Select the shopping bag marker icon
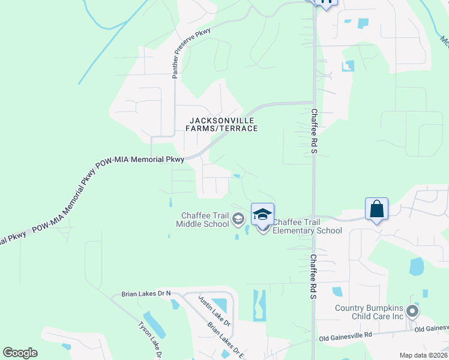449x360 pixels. pos(376,209)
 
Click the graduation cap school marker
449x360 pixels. pos(262,214)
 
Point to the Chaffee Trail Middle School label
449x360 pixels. pos(205,220)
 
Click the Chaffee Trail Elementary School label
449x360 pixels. pos(307,226)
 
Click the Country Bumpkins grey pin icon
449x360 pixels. pos(412,311)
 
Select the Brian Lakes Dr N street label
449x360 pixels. pos(146,293)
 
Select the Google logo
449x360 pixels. pos(20,353)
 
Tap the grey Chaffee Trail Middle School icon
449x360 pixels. pos(238,220)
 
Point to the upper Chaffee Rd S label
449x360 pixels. pos(313,131)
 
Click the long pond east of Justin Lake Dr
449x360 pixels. pos(259,304)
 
